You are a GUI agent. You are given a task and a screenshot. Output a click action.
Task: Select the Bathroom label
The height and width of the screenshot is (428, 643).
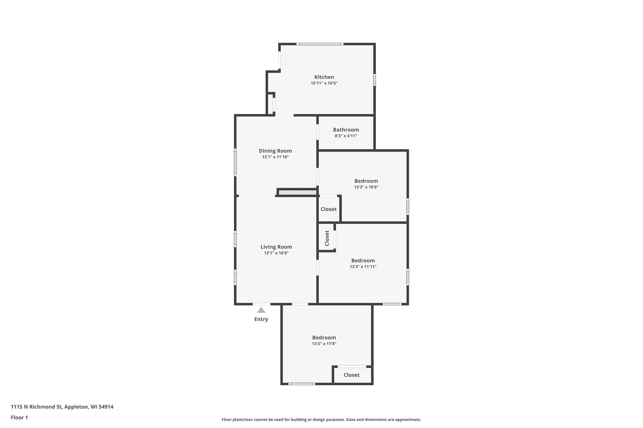click(x=346, y=130)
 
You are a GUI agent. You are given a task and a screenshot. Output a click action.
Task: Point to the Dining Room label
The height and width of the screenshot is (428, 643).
click(x=275, y=151)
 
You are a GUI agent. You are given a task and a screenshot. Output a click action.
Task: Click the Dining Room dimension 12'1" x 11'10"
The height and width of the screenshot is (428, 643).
click(x=275, y=157)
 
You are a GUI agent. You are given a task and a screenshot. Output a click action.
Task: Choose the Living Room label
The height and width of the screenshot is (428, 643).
click(x=276, y=247)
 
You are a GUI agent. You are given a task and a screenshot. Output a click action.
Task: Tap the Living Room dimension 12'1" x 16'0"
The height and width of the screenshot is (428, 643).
click(x=276, y=253)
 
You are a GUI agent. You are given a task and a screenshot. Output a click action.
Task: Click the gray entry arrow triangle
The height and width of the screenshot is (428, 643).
click(x=261, y=310)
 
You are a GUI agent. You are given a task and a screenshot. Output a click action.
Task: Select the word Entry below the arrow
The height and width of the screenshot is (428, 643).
click(x=261, y=319)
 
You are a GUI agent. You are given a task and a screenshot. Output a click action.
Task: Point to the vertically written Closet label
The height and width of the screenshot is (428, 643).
click(x=327, y=238)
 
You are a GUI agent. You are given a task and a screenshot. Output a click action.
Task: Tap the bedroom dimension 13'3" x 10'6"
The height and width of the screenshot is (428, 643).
click(x=366, y=187)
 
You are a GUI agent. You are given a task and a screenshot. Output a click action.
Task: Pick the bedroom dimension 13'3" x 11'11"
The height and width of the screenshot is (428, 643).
click(x=363, y=267)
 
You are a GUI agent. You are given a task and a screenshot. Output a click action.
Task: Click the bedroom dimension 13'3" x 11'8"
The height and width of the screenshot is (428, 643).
click(x=324, y=344)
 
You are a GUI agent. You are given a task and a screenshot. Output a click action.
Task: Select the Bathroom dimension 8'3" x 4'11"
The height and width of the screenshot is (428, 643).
click(x=346, y=136)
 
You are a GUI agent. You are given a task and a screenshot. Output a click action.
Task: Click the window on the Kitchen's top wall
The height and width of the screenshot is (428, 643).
click(x=320, y=44)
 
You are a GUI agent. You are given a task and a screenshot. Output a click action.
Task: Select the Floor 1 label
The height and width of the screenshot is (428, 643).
click(x=20, y=417)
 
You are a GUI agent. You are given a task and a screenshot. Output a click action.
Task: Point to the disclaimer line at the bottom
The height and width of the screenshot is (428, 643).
click(x=321, y=419)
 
